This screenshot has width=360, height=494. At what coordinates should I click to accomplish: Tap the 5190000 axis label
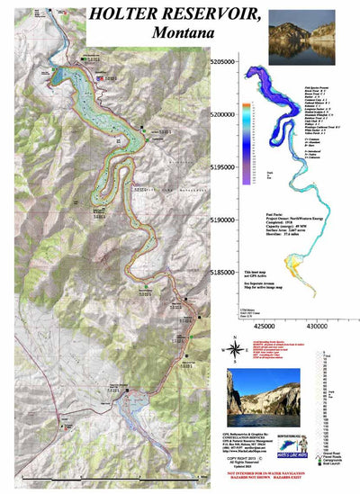pos(230,219)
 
